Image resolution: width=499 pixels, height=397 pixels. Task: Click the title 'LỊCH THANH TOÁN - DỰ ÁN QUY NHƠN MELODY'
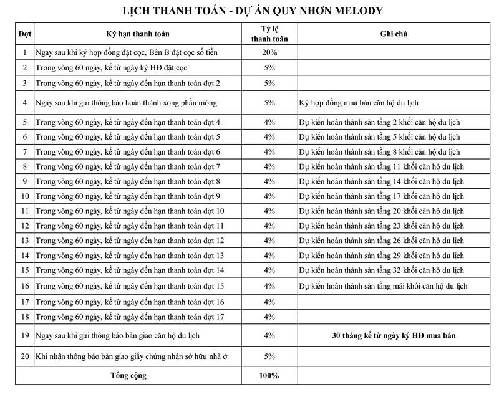(x=249, y=10)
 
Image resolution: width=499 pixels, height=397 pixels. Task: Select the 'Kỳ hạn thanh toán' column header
(x=137, y=34)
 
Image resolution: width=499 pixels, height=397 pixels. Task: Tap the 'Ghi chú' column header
(x=393, y=34)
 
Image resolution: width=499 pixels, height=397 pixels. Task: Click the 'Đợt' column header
(x=25, y=34)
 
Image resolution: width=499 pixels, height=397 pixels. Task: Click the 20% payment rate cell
(x=269, y=52)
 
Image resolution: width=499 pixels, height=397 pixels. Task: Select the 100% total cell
(x=269, y=376)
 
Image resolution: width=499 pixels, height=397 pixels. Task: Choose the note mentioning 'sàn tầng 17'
(x=381, y=196)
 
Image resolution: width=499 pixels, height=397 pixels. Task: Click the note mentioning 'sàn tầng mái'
(x=383, y=286)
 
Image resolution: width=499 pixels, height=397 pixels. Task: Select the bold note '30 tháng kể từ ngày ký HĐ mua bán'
(x=393, y=336)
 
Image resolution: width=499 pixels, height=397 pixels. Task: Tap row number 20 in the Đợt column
(x=25, y=357)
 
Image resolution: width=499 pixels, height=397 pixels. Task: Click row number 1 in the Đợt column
(x=25, y=52)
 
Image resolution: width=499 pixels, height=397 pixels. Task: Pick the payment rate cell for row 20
(x=269, y=357)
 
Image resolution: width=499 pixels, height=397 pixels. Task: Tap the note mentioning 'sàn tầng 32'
(x=381, y=271)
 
